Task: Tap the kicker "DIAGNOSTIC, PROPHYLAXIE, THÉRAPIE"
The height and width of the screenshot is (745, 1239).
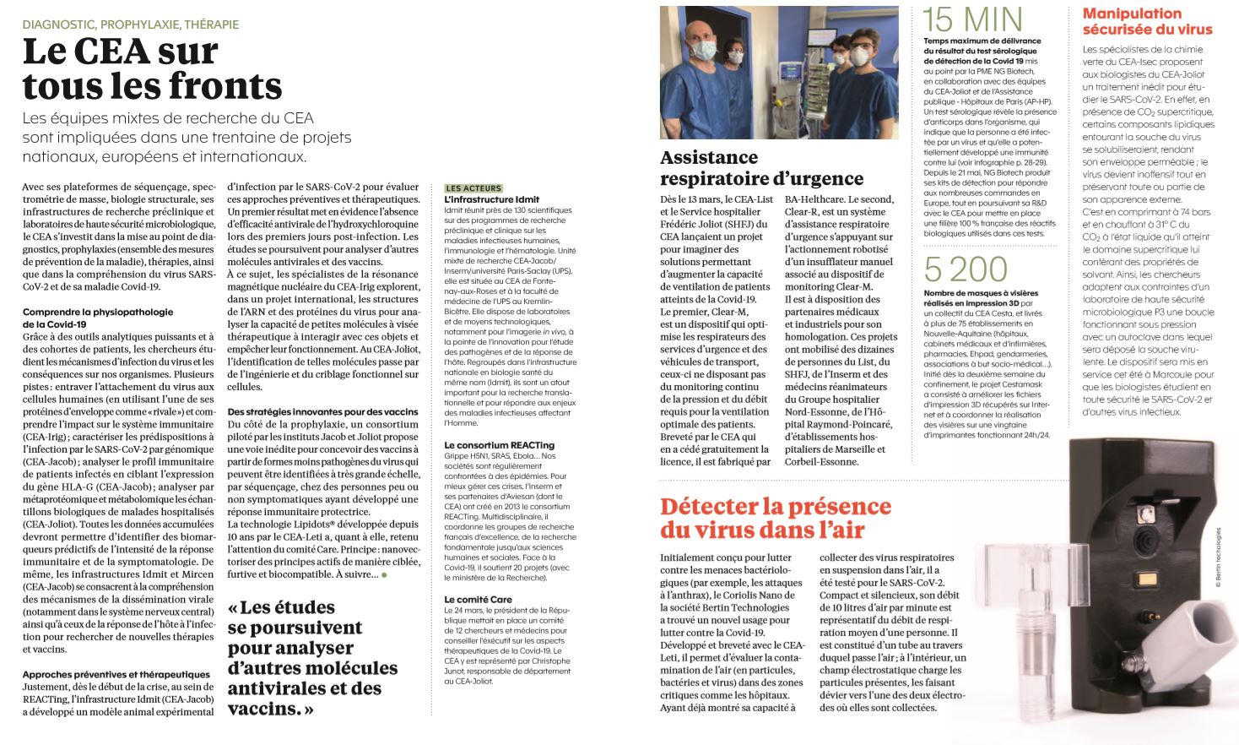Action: pyautogui.click(x=131, y=24)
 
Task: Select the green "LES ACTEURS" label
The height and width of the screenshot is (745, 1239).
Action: pyautogui.click(x=473, y=188)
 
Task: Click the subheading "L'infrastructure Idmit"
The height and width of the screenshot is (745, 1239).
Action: pyautogui.click(x=491, y=199)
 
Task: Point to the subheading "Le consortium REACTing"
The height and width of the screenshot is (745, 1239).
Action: pyautogui.click(x=499, y=445)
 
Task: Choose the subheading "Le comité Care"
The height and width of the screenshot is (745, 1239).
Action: pyautogui.click(x=478, y=599)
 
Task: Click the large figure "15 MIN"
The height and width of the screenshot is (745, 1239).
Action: pyautogui.click(x=972, y=19)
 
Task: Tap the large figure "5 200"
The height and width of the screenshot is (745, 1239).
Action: pyautogui.click(x=966, y=270)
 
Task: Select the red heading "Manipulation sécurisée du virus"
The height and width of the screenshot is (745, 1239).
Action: pyautogui.click(x=1147, y=21)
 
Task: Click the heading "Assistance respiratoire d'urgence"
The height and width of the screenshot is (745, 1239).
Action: pyautogui.click(x=761, y=167)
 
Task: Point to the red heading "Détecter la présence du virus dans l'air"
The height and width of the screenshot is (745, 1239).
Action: pyautogui.click(x=775, y=517)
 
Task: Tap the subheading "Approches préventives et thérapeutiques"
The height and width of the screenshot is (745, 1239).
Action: pyautogui.click(x=116, y=674)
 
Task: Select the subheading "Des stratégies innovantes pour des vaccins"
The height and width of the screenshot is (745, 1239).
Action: pyautogui.click(x=322, y=411)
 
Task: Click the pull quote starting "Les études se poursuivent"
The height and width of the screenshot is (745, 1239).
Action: pyautogui.click(x=312, y=657)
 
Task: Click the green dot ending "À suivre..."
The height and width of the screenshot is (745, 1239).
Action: pyautogui.click(x=384, y=575)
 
